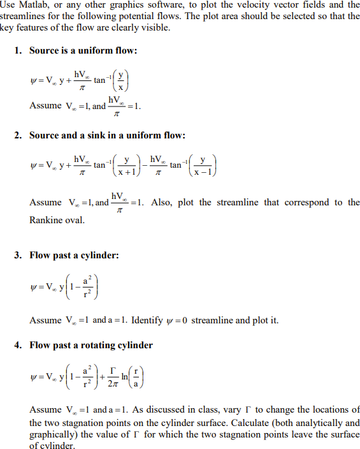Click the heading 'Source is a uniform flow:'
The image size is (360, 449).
[83, 50]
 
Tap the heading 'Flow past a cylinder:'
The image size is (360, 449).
[75, 256]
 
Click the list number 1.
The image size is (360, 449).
[18, 50]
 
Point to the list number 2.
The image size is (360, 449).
[18, 135]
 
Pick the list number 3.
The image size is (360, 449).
[18, 256]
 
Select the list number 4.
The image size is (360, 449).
[18, 345]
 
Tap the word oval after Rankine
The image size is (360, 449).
[77, 219]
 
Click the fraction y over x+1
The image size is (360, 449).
[127, 165]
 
